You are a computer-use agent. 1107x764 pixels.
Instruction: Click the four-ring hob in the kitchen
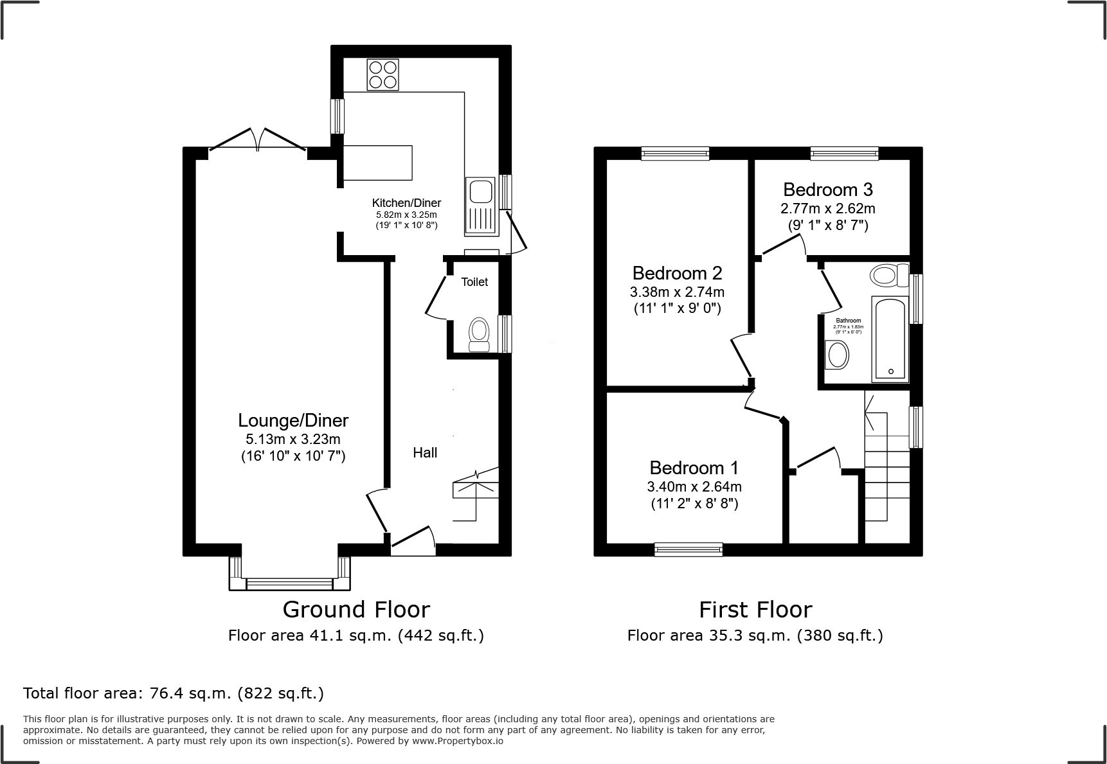pyautogui.click(x=382, y=74)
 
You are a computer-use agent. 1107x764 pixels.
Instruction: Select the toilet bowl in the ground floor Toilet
pyautogui.click(x=478, y=333)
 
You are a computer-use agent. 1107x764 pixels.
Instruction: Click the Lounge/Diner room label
pyautogui.click(x=293, y=420)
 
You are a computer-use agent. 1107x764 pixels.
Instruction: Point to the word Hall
pyautogui.click(x=425, y=452)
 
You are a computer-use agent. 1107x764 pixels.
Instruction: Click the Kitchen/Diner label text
pyautogui.click(x=407, y=203)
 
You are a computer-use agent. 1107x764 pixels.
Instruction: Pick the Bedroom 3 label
pyautogui.click(x=828, y=190)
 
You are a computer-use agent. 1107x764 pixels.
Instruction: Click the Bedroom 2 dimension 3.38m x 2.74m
pyautogui.click(x=677, y=292)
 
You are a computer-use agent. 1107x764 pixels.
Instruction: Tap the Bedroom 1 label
pyautogui.click(x=694, y=467)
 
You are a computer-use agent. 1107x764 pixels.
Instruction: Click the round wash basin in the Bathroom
pyautogui.click(x=836, y=355)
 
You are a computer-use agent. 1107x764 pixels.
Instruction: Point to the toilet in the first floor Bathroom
pyautogui.click(x=888, y=276)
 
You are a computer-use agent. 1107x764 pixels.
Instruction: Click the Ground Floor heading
pyautogui.click(x=356, y=609)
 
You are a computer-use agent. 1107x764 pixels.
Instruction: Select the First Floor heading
pyautogui.click(x=755, y=609)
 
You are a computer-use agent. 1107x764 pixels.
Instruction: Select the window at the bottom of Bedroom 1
pyautogui.click(x=688, y=549)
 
